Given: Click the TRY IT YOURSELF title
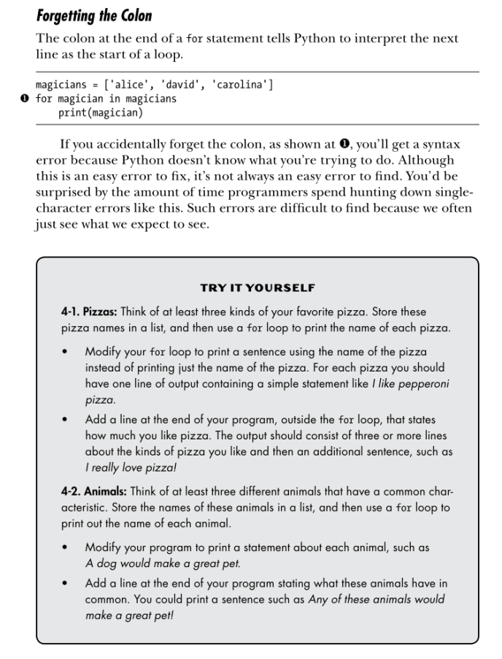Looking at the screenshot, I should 258,288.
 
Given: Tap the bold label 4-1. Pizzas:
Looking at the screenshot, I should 93,312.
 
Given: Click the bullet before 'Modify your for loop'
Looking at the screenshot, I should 67,352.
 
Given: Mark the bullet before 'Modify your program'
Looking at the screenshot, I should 67,547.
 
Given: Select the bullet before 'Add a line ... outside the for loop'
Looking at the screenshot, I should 67,420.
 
